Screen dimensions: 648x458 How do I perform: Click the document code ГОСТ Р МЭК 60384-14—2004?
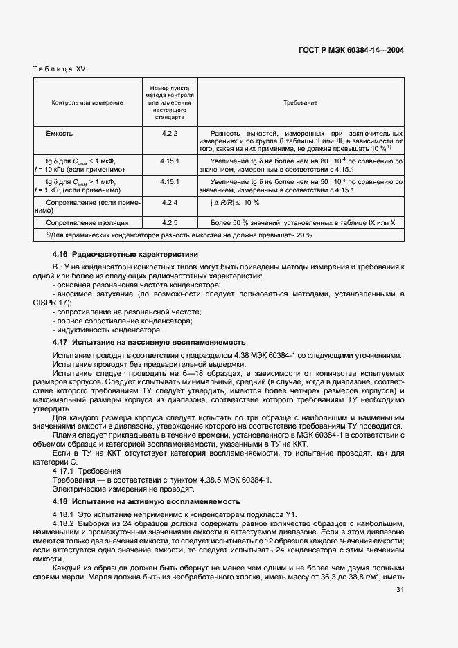tap(351, 50)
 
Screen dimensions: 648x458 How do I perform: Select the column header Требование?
tap(300, 102)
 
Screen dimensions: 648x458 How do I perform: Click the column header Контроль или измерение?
tap(87, 102)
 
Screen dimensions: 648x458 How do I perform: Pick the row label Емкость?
tap(60, 132)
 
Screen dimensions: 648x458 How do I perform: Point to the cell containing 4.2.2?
tap(170, 132)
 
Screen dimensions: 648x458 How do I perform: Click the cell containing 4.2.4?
tap(170, 203)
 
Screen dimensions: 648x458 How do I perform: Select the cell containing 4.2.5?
tap(170, 222)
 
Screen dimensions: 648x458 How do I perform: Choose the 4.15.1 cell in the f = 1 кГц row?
tap(170, 181)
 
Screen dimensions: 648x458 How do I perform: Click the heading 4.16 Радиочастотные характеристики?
tap(125, 254)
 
